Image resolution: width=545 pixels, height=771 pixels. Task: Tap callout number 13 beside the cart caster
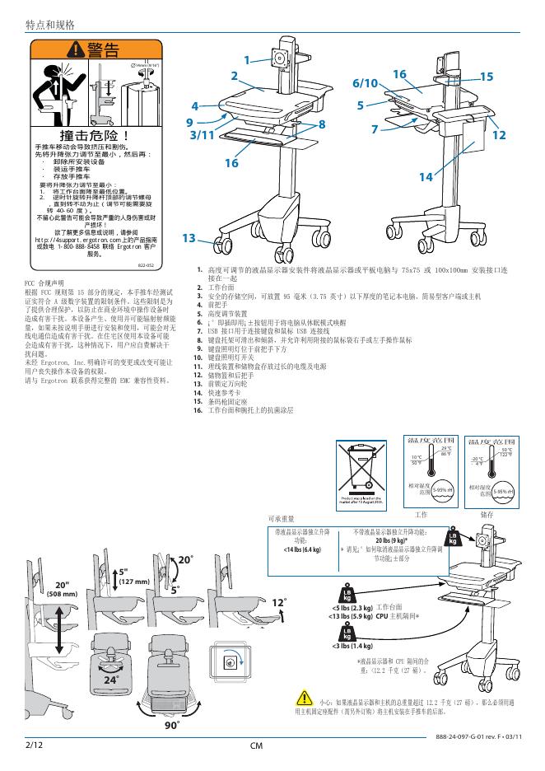(x=189, y=238)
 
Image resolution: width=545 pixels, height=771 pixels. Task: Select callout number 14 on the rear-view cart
(x=426, y=177)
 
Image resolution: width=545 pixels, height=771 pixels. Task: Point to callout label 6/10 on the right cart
(x=365, y=84)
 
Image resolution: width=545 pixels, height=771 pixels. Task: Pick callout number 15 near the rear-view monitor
(x=486, y=77)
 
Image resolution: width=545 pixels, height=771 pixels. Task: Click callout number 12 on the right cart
(x=499, y=135)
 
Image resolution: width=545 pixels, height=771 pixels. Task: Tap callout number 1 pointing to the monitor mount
(x=246, y=60)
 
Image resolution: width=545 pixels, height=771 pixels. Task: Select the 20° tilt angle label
(x=186, y=560)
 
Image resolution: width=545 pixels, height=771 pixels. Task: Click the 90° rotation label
(x=171, y=726)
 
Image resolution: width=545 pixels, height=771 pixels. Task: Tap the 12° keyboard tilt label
(x=279, y=603)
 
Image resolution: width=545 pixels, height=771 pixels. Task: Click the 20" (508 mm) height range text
(x=63, y=588)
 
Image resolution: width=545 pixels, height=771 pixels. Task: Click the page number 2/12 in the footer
(x=33, y=744)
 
